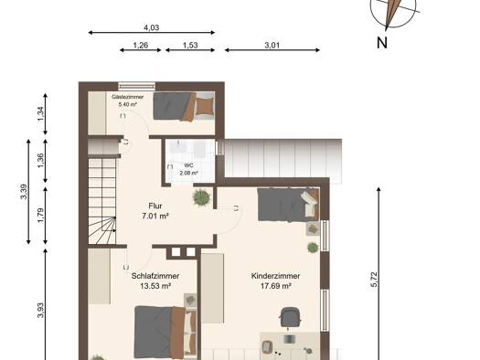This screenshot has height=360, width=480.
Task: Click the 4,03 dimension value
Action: coord(152,27)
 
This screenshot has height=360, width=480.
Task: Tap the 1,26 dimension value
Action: coord(141,46)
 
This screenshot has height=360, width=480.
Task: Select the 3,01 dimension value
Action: coord(272,46)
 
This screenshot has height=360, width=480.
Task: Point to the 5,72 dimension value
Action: coord(374,280)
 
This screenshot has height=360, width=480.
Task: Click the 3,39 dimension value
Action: coord(24,192)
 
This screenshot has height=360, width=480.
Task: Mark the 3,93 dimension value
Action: coord(40,311)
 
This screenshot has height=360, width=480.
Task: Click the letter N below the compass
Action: coord(382,43)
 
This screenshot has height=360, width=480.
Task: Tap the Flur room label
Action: coord(155,206)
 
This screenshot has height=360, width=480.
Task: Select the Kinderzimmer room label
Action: coord(275,276)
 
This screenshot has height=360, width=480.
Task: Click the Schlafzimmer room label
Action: coord(155,276)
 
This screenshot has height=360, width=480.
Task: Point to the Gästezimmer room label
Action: coord(128,97)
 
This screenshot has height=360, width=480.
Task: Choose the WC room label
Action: coord(189,165)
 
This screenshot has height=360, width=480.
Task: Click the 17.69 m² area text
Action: coord(275,286)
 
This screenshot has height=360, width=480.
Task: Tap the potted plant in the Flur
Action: coord(202,197)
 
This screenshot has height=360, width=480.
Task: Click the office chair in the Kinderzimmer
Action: coord(290,317)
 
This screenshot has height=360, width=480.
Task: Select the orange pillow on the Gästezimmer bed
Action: coord(205,106)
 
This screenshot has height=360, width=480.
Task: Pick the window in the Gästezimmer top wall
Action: coord(137,85)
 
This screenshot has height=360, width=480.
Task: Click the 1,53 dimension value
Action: coord(190,46)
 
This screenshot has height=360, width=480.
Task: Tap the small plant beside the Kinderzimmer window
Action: coord(313,248)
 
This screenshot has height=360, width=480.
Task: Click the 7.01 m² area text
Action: coord(155,217)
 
